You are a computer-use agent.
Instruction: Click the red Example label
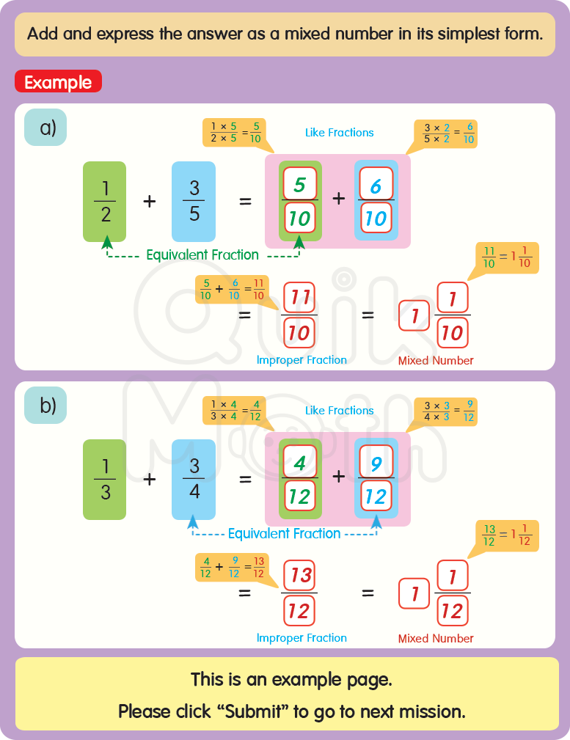click(x=58, y=82)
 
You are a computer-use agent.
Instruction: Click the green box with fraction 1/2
click(x=104, y=202)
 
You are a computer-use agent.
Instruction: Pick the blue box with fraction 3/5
click(x=194, y=202)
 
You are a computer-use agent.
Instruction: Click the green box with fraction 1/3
click(x=104, y=480)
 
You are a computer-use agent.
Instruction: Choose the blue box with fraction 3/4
click(x=194, y=480)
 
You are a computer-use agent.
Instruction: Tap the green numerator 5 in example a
click(x=299, y=185)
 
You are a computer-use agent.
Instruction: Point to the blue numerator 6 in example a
click(x=376, y=186)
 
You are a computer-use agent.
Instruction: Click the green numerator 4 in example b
click(x=299, y=463)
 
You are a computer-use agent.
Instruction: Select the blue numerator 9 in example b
click(x=376, y=463)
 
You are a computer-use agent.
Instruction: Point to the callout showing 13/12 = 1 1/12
click(x=507, y=536)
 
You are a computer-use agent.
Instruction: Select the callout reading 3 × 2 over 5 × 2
click(x=445, y=133)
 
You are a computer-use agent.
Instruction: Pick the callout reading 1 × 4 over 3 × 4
click(x=234, y=411)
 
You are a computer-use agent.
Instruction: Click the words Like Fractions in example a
click(x=339, y=133)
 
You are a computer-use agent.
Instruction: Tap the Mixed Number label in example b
click(x=436, y=639)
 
